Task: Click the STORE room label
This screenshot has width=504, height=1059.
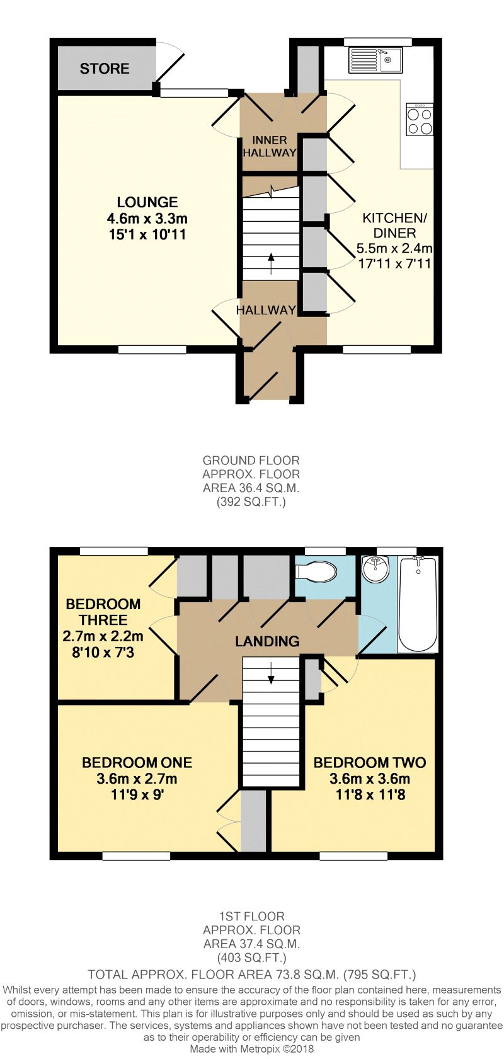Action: pos(105,69)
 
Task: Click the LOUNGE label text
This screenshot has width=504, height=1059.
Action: pos(147,202)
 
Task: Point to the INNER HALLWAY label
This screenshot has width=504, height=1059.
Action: pos(270,146)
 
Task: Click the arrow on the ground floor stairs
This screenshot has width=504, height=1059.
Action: pos(272,263)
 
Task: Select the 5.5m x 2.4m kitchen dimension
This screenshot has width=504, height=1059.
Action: pos(394,248)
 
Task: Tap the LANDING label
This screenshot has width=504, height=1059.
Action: pos(267,641)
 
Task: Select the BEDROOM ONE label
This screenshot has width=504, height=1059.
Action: pos(137,763)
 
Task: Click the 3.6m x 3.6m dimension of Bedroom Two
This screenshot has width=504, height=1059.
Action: pos(370,779)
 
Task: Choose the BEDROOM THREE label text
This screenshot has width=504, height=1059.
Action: pos(103,612)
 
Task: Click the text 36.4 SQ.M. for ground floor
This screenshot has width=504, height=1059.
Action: pos(251,488)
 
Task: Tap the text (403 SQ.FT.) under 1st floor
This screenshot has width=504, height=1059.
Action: pos(251,958)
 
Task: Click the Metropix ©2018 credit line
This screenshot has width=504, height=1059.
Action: pos(251,1049)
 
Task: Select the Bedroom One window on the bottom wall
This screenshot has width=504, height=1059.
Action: pos(136,856)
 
